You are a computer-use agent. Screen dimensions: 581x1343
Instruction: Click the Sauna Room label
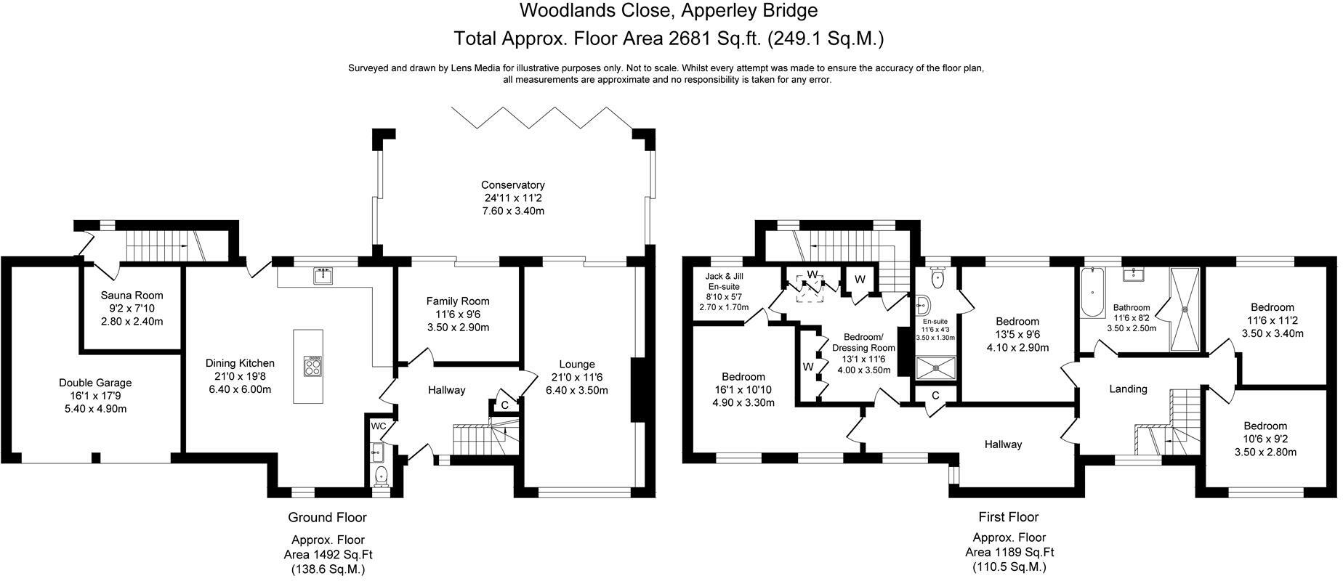tap(132, 296)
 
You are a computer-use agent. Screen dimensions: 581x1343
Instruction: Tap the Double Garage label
tap(95, 383)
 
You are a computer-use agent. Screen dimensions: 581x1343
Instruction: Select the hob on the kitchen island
tap(314, 365)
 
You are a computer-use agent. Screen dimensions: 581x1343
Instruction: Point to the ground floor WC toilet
tap(380, 476)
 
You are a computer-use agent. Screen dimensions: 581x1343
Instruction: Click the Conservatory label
tap(512, 185)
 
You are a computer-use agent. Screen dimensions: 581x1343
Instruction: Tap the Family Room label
tap(458, 301)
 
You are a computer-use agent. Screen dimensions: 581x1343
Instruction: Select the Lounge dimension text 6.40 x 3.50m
tap(577, 390)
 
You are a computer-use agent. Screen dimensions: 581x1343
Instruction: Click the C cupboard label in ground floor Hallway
tap(504, 405)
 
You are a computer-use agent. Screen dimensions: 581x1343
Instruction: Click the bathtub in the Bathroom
tap(1092, 293)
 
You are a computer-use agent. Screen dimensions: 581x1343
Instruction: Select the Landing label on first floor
tap(1128, 389)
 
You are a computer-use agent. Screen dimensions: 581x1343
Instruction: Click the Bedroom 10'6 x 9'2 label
tap(1265, 426)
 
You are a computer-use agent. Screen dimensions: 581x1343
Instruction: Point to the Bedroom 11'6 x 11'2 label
tap(1273, 307)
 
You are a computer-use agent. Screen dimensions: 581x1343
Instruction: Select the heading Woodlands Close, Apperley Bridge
tap(668, 11)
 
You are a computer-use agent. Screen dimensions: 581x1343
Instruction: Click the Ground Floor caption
tap(327, 518)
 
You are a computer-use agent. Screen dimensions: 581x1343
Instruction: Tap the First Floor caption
tap(1009, 517)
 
